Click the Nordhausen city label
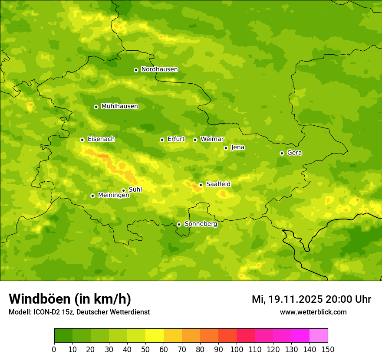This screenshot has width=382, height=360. coord(159,69)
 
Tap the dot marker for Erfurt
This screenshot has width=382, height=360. coord(162,140)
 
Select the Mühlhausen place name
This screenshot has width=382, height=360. coord(119,106)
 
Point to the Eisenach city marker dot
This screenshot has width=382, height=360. coord(82,140)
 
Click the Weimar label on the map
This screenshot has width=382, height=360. coord(212,139)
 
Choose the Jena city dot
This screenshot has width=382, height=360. coord(226,148)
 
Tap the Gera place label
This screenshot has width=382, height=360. coord(294,153)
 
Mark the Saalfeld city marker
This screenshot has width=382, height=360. coord(201,185)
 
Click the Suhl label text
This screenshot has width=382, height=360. coord(135,190)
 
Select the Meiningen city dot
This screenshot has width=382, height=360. coord(92,196)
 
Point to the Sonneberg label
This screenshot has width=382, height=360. coord(201,224)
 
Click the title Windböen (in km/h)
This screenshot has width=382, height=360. coord(70,299)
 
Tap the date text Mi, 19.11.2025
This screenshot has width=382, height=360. coord(287,299)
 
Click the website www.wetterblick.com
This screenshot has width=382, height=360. coord(313,312)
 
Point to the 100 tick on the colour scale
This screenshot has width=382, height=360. coord(237,349)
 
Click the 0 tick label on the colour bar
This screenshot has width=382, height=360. coord(54,349)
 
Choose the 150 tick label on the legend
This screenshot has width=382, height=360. coord(328,349)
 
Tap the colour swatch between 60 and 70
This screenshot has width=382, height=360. coord(173,335)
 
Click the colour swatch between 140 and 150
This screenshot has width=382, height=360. coord(319,335)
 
